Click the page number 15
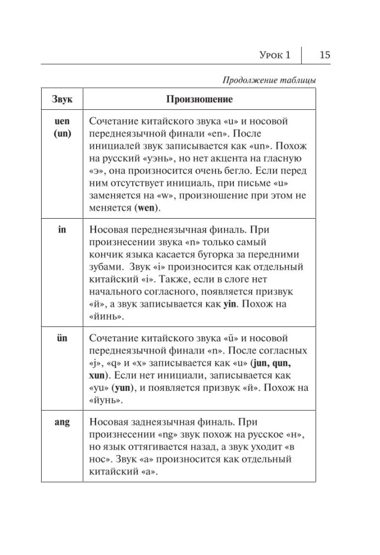[x=325, y=55]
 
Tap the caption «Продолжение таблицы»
[x=269, y=80]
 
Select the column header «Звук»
[x=62, y=100]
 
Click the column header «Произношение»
[x=199, y=100]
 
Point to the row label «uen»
[x=62, y=122]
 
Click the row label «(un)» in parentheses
[x=62, y=134]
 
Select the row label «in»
[x=62, y=229]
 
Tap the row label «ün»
[x=62, y=337]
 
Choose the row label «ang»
[x=62, y=422]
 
